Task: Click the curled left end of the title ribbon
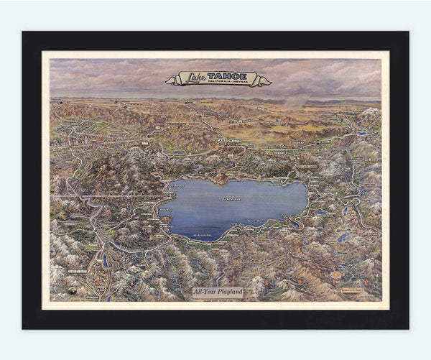click(170, 80)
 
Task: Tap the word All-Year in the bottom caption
click(204, 292)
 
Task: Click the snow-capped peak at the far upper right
click(370, 111)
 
